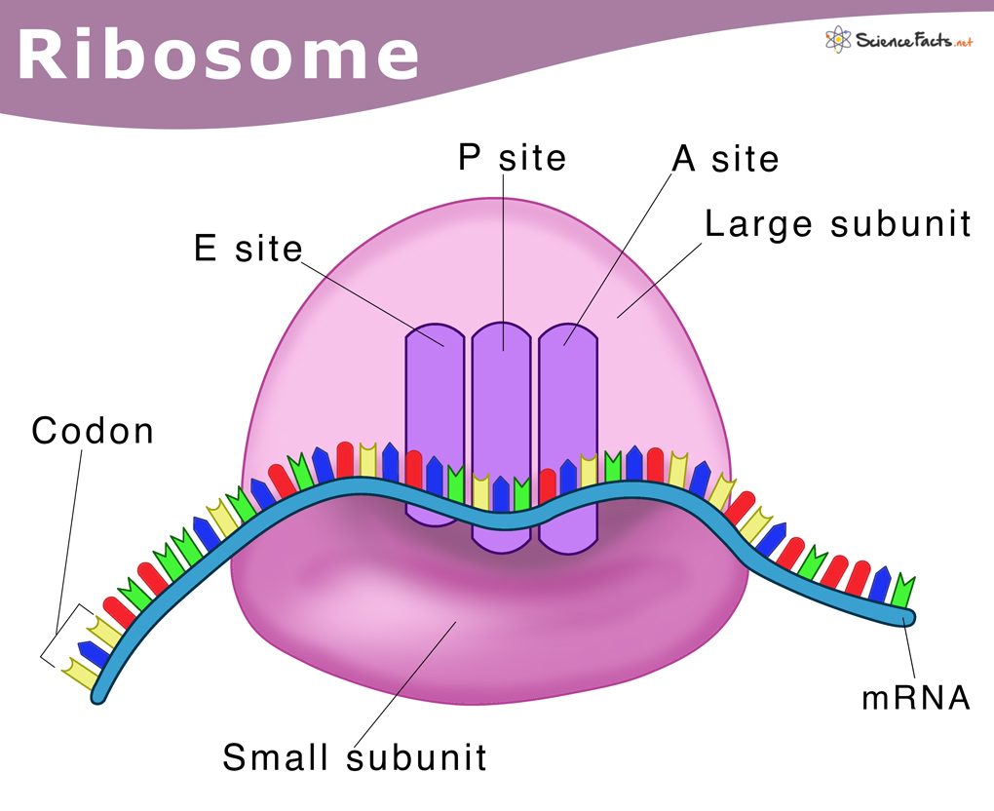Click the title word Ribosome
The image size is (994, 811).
[219, 56]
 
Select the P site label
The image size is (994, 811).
[512, 157]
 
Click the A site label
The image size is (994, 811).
[726, 159]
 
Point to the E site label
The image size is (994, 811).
[248, 249]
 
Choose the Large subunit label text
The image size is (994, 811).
[838, 224]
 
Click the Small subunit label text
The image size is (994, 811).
[355, 756]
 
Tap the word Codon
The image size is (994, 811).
[93, 430]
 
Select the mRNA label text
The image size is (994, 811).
[915, 698]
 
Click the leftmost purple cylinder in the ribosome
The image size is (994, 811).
[435, 419]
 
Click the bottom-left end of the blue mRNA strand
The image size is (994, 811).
[100, 694]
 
